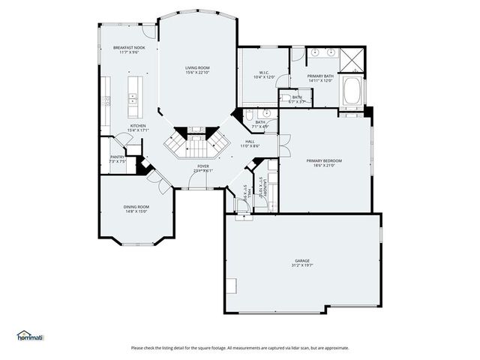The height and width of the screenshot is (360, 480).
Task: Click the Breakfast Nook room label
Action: [x=129, y=47]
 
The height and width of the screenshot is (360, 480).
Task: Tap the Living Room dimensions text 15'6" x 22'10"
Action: [x=198, y=73]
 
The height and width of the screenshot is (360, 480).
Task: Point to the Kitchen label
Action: [x=138, y=125]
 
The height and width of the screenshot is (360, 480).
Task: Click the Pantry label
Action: [x=117, y=157]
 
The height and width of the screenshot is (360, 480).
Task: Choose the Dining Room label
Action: [x=136, y=206]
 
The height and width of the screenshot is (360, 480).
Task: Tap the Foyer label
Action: [x=203, y=166]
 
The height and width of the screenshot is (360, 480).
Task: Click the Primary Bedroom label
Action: [x=324, y=160]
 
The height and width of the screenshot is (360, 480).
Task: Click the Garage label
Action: [x=302, y=261]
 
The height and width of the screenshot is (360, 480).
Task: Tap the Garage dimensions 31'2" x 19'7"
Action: [x=302, y=265]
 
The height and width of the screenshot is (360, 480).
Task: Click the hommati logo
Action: [x=30, y=335]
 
